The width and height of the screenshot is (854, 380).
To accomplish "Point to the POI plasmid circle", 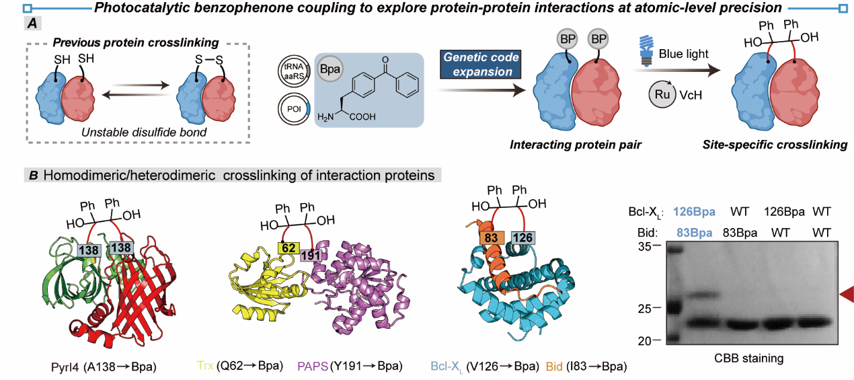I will [295, 109].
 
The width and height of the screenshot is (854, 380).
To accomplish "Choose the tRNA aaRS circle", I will [295, 71].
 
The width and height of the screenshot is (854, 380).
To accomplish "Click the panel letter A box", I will [32, 23].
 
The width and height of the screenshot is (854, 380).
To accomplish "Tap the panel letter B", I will [34, 176].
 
